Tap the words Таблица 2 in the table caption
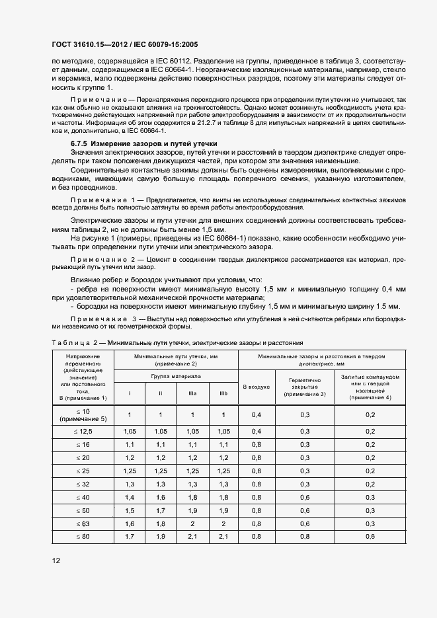(x=74, y=343)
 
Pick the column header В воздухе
(x=257, y=387)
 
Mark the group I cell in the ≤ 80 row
(x=130, y=537)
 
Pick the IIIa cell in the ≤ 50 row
(x=192, y=510)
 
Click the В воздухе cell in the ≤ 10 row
(x=257, y=414)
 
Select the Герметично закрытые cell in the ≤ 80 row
(x=305, y=537)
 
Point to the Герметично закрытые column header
(x=305, y=387)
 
